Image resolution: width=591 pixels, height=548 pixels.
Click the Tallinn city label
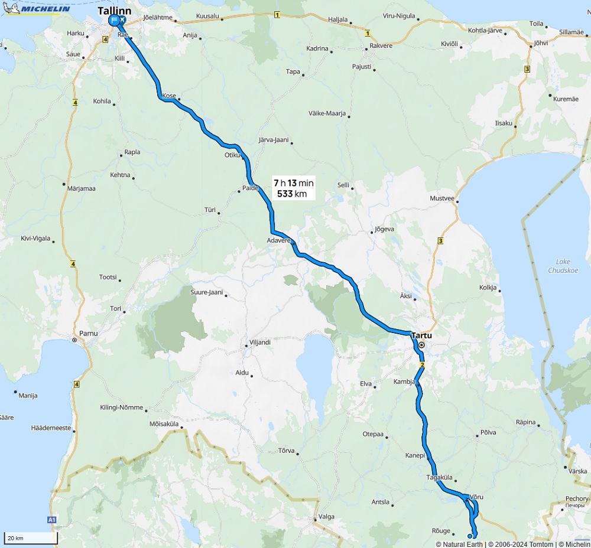(115, 11)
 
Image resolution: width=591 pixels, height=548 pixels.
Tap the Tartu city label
(421, 335)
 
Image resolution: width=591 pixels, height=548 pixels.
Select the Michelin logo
(37, 8)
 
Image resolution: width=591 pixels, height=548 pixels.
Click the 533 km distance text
(292, 194)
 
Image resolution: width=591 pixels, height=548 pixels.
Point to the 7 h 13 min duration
(294, 183)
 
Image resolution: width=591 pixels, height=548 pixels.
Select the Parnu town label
(88, 333)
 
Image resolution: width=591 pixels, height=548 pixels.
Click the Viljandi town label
(259, 342)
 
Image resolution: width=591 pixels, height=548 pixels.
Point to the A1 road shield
(51, 520)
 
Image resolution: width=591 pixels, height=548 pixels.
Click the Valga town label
(326, 516)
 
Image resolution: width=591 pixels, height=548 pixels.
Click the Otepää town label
(373, 434)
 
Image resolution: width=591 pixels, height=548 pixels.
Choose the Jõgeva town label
(384, 229)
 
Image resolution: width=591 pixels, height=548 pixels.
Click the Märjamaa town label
(82, 188)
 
